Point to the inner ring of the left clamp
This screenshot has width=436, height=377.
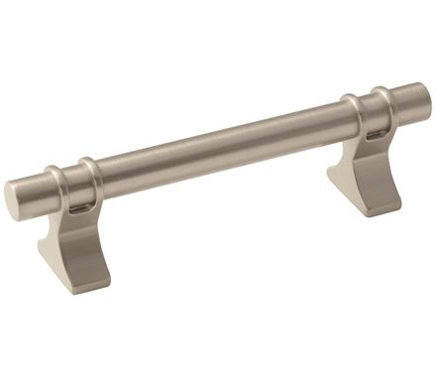tap(88, 178)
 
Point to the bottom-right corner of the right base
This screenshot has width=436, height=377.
tap(399, 206)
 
